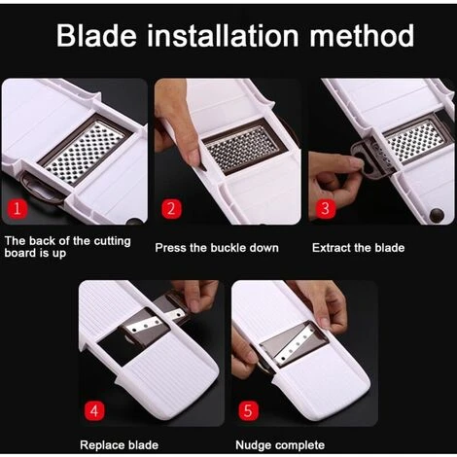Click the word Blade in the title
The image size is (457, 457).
point(96,35)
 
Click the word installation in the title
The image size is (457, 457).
point(223,35)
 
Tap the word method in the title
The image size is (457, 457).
point(362,35)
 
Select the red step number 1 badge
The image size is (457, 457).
point(17,208)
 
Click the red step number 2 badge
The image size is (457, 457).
point(171,208)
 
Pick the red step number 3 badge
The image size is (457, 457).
point(325,208)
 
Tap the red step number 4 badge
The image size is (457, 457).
point(94,411)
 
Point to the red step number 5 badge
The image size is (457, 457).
point(248,411)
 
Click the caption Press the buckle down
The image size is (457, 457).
point(217,248)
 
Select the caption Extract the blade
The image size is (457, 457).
point(358,248)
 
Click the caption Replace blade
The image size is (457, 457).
point(119,445)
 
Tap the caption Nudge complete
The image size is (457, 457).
point(280,445)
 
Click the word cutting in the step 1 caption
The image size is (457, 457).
point(112,241)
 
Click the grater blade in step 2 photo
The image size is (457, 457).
point(243,147)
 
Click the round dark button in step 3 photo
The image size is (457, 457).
point(437,215)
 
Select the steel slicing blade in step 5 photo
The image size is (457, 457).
point(295,345)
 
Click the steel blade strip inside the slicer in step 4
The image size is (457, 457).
point(145,326)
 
